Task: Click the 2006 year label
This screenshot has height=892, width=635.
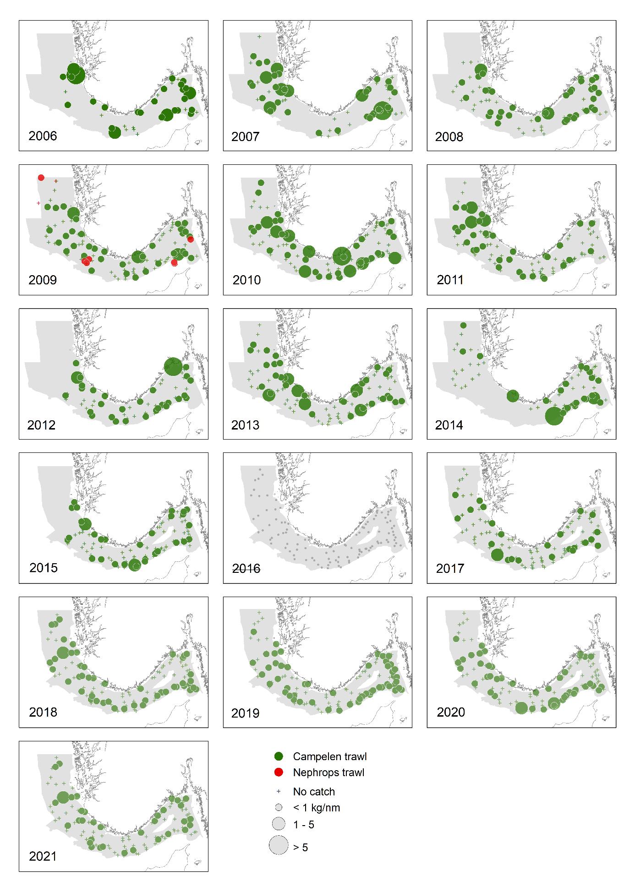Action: pos(43,136)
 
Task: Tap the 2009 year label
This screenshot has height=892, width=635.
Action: pos(43,280)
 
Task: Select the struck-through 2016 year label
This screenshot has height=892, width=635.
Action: pos(246,568)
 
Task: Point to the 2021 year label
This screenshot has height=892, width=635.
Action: pos(43,856)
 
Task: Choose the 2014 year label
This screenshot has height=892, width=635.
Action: pos(449,425)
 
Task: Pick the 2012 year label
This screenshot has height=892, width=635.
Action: pos(41,425)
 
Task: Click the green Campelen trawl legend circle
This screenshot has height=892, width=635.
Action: pos(278,756)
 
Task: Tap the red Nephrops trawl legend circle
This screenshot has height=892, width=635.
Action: pos(278,772)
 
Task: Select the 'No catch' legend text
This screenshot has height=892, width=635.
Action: pos(314,792)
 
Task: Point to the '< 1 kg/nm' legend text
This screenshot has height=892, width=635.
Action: pos(317,807)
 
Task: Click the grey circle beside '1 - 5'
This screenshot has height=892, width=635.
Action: pos(279,824)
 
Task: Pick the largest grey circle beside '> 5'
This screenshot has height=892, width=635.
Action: pos(279,845)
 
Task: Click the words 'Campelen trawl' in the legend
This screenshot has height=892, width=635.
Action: pos(330,756)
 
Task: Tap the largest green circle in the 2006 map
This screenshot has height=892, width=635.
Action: pos(76,73)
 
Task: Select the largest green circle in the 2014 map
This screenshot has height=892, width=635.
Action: pos(554,416)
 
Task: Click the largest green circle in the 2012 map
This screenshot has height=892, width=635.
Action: pos(173,366)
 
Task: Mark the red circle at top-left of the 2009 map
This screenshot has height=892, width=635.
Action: pos(41,178)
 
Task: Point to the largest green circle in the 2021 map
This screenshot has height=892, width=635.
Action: pos(63,798)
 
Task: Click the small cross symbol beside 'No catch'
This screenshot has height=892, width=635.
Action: pos(278,791)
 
